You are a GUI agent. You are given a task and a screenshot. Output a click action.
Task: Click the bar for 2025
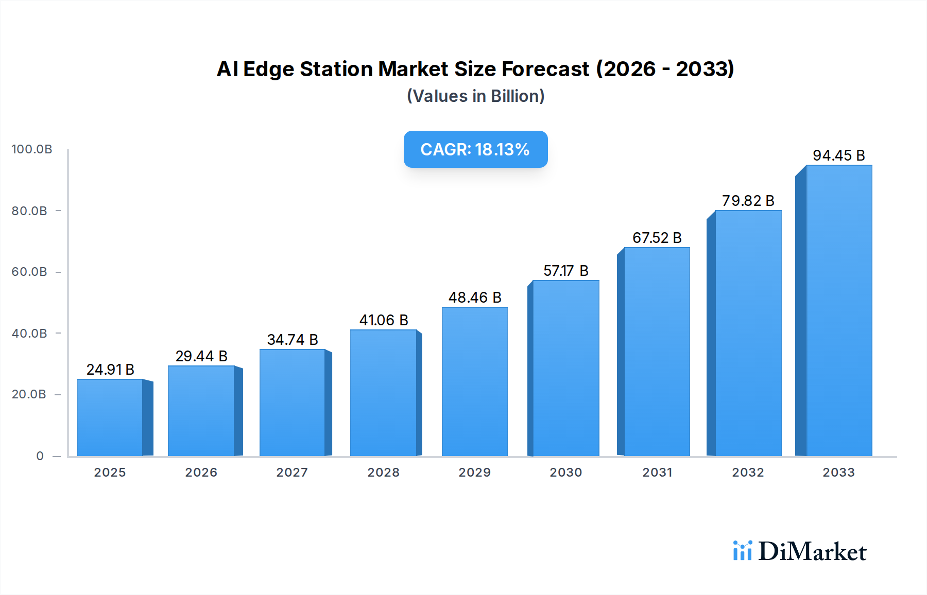(110, 417)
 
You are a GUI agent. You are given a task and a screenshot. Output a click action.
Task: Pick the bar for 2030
(566, 368)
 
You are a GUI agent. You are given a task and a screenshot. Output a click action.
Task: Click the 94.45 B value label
(839, 155)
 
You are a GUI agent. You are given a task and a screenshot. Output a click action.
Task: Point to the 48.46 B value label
(475, 297)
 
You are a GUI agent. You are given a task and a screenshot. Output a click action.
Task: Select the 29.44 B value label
(201, 356)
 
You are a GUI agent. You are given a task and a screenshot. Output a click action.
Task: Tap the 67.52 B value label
(657, 238)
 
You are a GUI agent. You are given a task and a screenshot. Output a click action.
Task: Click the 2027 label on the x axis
(292, 472)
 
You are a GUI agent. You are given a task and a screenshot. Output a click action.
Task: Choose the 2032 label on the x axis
(748, 472)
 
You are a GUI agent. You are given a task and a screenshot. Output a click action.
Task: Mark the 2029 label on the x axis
(475, 472)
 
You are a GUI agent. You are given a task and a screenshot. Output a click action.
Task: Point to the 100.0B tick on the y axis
(32, 149)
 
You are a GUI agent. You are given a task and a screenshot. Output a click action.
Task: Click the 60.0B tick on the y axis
(29, 272)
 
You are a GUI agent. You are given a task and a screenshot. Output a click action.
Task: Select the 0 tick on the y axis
(40, 456)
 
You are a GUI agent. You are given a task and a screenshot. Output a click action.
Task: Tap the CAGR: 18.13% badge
(475, 149)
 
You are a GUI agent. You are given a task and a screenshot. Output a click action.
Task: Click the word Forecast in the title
(545, 69)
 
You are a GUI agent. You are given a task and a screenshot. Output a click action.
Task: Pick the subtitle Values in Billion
(476, 96)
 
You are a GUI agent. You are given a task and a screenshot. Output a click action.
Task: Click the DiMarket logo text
(812, 552)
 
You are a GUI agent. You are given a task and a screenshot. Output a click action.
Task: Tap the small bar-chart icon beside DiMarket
(742, 551)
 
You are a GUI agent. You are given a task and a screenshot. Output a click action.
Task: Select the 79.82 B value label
(748, 201)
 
